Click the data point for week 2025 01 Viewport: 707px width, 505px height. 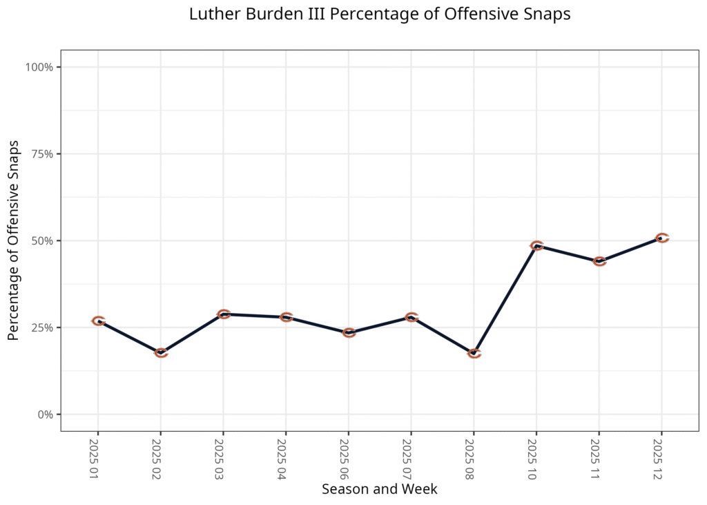(98, 321)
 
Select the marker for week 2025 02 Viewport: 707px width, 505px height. (161, 352)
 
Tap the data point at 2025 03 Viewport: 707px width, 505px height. (223, 314)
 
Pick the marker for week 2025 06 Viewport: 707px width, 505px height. (349, 332)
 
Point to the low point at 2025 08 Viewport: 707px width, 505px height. (474, 353)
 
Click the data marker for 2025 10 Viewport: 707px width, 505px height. (536, 245)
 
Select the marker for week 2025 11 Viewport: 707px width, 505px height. (599, 260)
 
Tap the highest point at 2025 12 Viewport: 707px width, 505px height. (662, 238)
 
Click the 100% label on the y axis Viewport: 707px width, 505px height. (39, 67)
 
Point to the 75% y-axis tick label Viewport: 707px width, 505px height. (42, 154)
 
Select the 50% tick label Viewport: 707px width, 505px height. (42, 241)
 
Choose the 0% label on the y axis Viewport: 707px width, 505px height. (45, 415)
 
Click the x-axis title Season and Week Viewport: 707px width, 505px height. (380, 489)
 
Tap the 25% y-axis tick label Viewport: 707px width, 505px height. (42, 327)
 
